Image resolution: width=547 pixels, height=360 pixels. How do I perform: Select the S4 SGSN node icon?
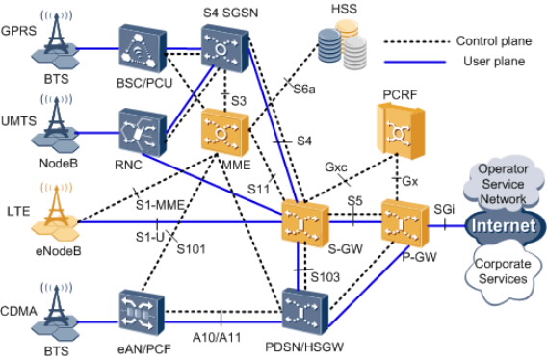coord(222,47)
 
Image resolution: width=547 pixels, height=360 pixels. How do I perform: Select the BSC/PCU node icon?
coord(141,47)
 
